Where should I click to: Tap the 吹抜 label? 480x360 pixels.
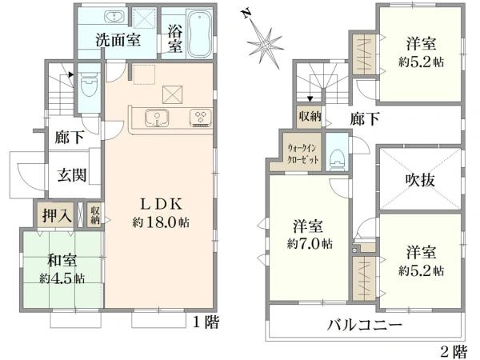point(418,180)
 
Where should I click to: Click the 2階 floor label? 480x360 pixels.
point(452,349)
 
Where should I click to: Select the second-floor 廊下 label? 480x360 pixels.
point(364,119)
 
